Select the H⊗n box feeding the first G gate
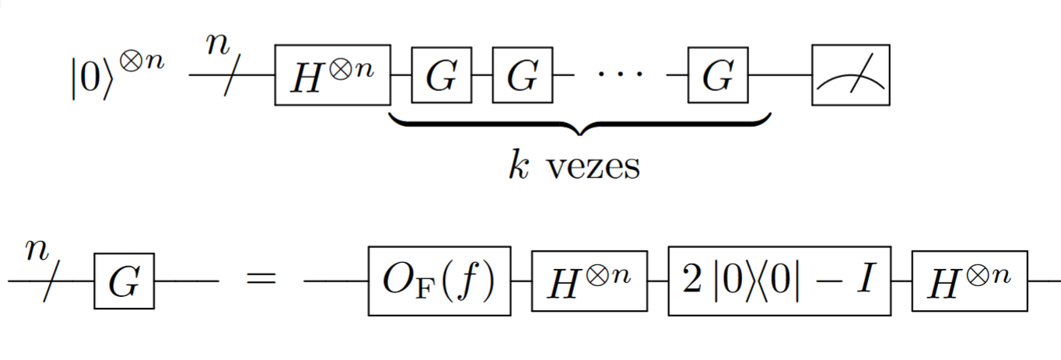point(332,75)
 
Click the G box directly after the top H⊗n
point(441,76)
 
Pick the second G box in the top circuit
point(522,76)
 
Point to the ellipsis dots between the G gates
point(621,76)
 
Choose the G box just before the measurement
point(718,76)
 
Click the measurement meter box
point(850,75)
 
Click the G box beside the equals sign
point(124,281)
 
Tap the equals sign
point(261,281)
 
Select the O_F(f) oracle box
point(439,281)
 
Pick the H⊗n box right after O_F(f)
point(589,281)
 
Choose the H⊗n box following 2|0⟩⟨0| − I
point(969,281)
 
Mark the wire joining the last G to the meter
point(780,75)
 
